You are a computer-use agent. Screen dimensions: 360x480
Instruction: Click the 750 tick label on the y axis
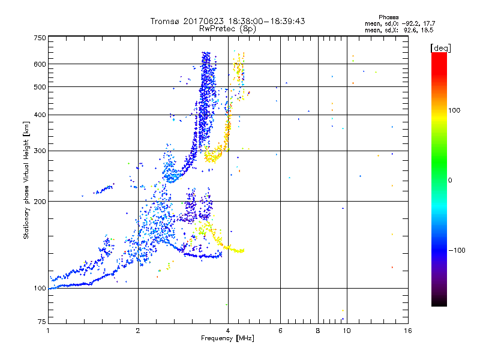pos(40,37)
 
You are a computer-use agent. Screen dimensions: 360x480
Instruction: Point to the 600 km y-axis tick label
pos(40,64)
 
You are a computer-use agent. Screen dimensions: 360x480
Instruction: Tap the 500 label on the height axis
pos(40,86)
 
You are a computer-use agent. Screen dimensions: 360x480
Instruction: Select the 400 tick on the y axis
pos(40,115)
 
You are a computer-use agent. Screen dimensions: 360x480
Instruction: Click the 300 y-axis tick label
pos(40,151)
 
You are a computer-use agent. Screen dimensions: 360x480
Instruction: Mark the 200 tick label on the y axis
pos(40,201)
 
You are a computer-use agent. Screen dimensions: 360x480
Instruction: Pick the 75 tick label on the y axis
pos(41,322)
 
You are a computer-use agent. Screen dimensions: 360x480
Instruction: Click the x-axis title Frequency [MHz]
pos(227,338)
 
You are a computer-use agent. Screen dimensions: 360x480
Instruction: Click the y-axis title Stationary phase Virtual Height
pos(26,180)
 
